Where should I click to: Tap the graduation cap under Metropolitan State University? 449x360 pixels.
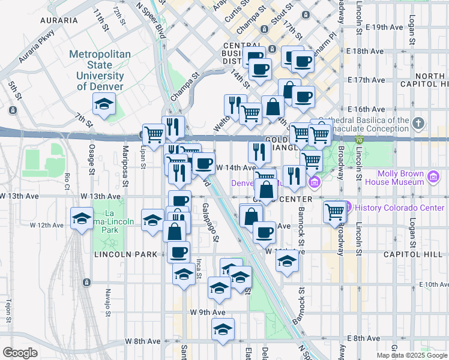[x=104, y=104]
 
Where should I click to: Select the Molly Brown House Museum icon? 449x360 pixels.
[x=432, y=178]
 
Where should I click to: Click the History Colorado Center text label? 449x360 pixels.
[x=399, y=208]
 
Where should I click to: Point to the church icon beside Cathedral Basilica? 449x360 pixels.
[x=419, y=124]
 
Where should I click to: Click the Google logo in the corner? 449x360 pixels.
[x=20, y=353]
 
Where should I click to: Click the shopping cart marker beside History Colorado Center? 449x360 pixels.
[x=334, y=211]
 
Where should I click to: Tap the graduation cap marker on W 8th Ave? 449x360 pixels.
[x=223, y=329]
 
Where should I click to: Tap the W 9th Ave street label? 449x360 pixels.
[x=207, y=312]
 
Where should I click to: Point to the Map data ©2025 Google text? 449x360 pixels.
[x=411, y=355]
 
